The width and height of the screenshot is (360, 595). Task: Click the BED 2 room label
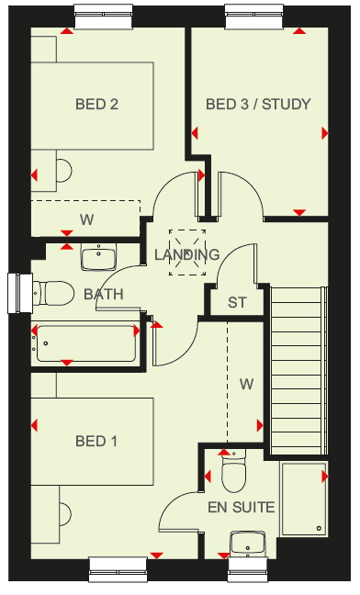click(x=96, y=104)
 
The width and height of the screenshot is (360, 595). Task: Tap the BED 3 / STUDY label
click(x=258, y=104)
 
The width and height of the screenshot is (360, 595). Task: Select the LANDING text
click(x=187, y=254)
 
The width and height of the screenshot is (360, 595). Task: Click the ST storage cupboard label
click(x=237, y=302)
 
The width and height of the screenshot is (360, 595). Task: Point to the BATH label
click(x=104, y=294)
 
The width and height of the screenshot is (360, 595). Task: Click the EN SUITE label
click(x=242, y=508)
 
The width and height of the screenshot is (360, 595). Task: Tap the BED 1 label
click(x=96, y=441)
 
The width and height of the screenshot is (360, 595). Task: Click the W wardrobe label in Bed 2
click(x=87, y=219)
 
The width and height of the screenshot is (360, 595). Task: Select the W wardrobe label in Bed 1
click(x=246, y=385)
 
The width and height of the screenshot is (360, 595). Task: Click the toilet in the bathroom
click(x=53, y=293)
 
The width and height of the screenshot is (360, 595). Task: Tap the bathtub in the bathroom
click(x=86, y=343)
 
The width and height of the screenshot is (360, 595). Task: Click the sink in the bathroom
click(x=98, y=257)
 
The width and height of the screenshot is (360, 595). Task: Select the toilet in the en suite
click(x=234, y=470)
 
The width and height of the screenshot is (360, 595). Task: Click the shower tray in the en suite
click(x=304, y=499)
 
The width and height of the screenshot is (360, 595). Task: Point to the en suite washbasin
click(x=248, y=544)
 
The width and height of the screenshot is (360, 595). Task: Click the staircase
click(x=298, y=370)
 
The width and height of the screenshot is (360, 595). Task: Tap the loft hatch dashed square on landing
click(x=187, y=253)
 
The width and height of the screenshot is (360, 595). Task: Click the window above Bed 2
click(x=104, y=17)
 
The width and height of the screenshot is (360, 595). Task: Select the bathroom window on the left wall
click(x=20, y=293)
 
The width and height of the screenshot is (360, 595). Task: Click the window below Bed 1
click(x=118, y=569)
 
